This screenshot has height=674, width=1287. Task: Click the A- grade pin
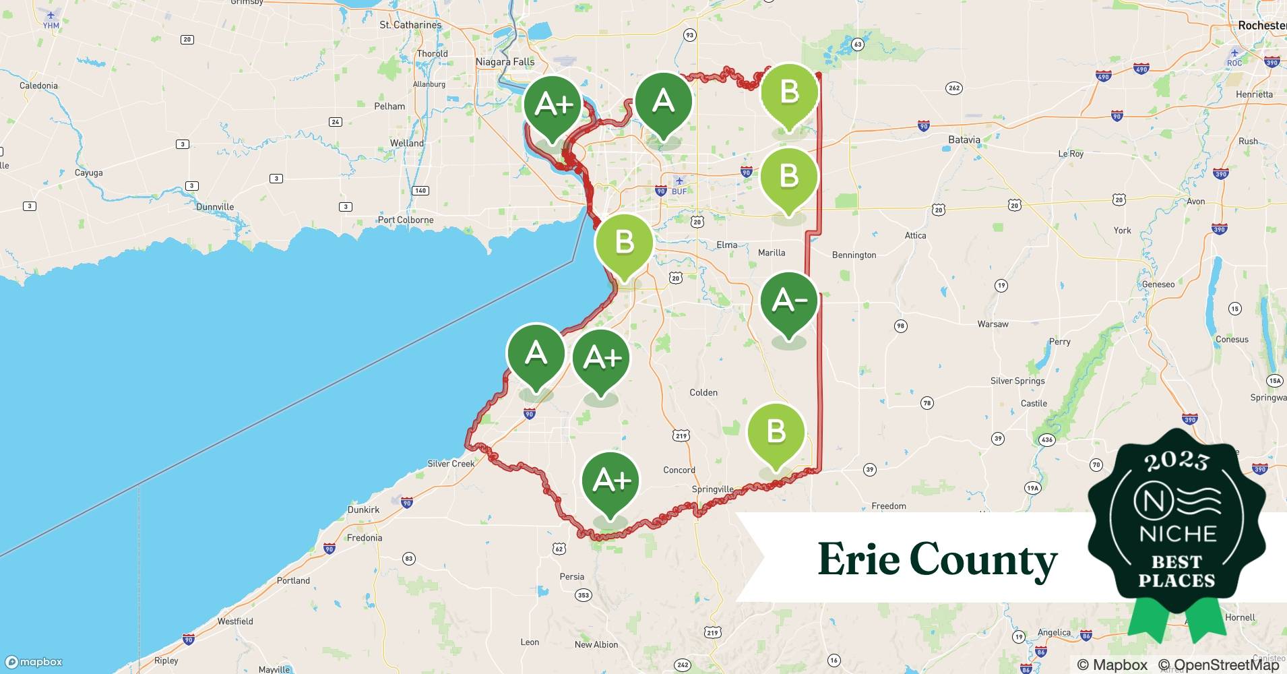(788, 301)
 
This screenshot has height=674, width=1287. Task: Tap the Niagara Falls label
(505, 62)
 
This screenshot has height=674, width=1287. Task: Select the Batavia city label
(964, 140)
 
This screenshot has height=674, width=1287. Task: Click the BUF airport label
(679, 191)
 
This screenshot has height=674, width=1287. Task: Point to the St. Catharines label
(410, 25)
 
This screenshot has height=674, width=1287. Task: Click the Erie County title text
(937, 559)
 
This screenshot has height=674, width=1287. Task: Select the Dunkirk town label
(363, 510)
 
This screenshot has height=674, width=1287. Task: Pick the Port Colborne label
(406, 220)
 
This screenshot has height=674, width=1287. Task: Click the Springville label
(712, 489)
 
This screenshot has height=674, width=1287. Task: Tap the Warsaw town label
(993, 324)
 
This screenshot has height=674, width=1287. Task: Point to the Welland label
(407, 144)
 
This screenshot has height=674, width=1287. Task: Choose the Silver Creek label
(451, 464)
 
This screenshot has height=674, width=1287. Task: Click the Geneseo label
(1158, 284)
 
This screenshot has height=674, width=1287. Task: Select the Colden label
(703, 392)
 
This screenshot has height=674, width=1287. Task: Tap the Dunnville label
(215, 207)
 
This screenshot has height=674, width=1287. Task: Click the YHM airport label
(51, 26)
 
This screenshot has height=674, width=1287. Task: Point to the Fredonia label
(365, 538)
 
